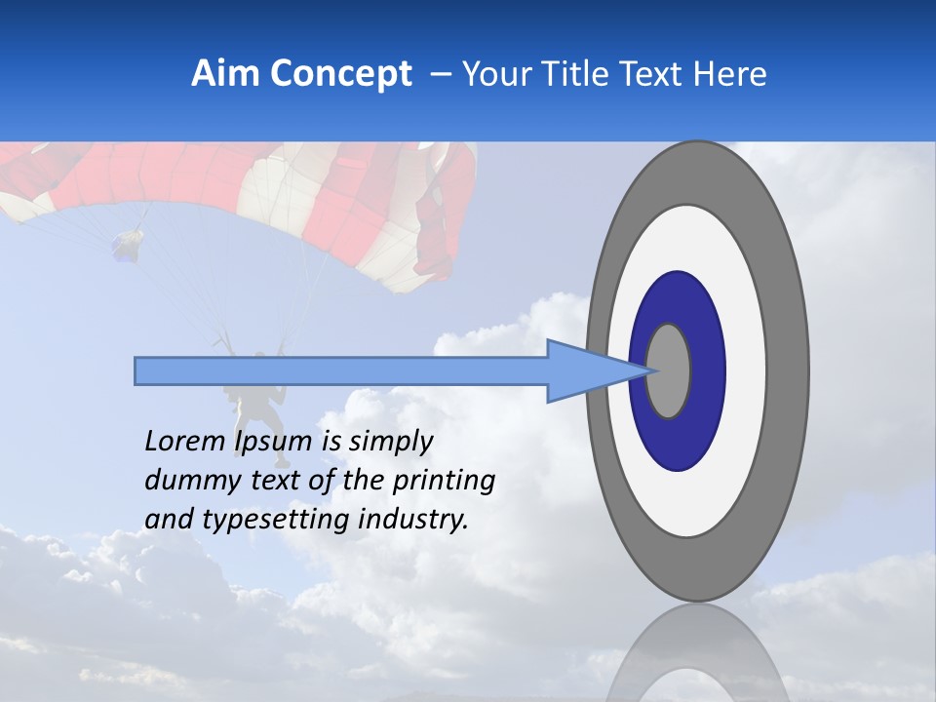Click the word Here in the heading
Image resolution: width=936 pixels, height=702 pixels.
[x=730, y=74]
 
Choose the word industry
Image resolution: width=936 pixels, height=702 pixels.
[x=414, y=520]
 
